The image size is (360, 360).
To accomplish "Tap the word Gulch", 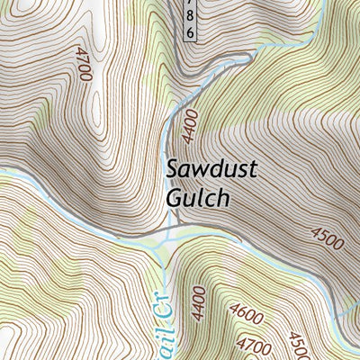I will pyautogui.click(x=197, y=199).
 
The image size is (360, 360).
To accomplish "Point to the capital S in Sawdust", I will pyautogui.click(x=172, y=169).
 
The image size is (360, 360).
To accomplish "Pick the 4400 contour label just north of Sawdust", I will pyautogui.click(x=188, y=129).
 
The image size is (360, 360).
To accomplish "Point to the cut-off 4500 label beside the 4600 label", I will pyautogui.click(x=297, y=346).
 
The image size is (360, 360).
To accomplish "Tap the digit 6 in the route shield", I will pyautogui.click(x=190, y=31).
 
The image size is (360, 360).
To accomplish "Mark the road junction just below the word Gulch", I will pyautogui.click(x=167, y=236).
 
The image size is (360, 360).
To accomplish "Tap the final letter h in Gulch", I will pyautogui.click(x=222, y=199).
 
